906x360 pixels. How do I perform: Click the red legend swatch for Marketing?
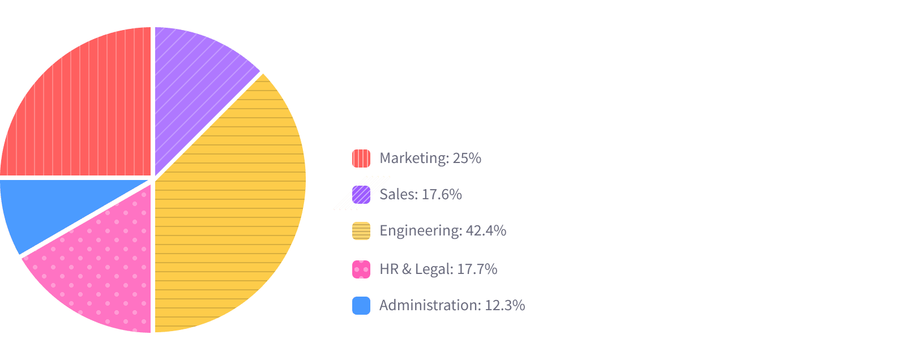click(x=361, y=158)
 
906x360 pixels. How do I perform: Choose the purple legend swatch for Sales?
click(x=361, y=195)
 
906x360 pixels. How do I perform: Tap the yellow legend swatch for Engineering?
click(x=361, y=231)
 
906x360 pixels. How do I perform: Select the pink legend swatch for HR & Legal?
click(x=361, y=269)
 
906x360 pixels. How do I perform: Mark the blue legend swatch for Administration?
click(x=361, y=306)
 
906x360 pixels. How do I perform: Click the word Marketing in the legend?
click(x=413, y=158)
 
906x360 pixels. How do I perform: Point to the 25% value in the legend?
click(x=467, y=158)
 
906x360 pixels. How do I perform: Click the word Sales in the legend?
click(x=398, y=195)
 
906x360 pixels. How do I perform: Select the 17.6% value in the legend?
click(x=442, y=195)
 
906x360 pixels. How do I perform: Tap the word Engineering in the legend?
click(x=420, y=231)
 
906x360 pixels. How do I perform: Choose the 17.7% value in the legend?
click(x=477, y=269)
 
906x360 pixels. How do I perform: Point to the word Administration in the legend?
click(x=429, y=306)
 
